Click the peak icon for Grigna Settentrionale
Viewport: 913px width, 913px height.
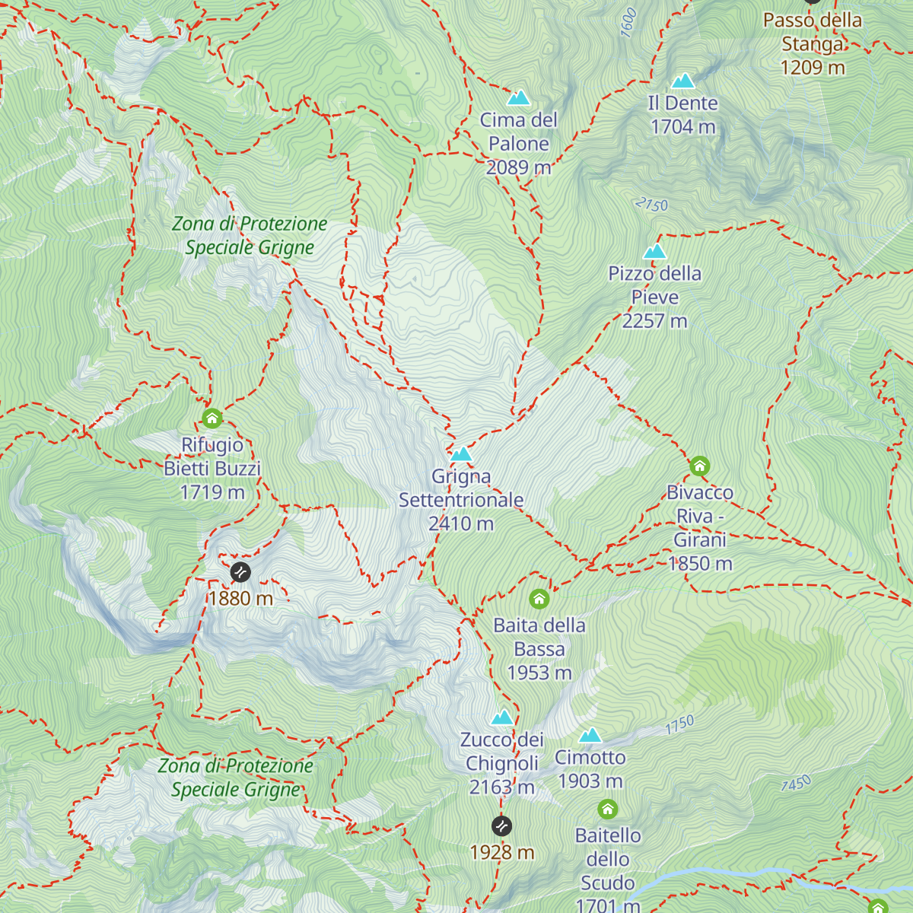(461, 454)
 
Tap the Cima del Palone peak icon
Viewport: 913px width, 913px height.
(519, 97)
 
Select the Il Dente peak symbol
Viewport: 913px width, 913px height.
(682, 81)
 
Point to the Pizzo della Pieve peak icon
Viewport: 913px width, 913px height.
(654, 252)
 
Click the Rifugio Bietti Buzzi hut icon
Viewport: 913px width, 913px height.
(212, 418)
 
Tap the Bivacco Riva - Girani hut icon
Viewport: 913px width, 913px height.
(699, 466)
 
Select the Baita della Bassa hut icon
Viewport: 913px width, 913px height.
(539, 599)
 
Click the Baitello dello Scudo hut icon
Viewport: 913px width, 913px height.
(607, 809)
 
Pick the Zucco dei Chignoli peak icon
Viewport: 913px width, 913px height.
(502, 717)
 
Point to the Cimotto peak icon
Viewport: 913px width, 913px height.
(590, 735)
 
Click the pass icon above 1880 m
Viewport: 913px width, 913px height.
(240, 571)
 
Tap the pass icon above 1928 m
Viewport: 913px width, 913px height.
(501, 826)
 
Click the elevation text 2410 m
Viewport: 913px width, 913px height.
(461, 523)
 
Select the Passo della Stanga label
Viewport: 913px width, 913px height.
(813, 32)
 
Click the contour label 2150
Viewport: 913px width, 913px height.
(651, 205)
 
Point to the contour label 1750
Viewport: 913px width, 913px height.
(679, 724)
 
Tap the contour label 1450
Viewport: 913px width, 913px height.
(796, 783)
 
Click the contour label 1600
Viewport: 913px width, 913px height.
(628, 23)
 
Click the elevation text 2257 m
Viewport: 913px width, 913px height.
(654, 321)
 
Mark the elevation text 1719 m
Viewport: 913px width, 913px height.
(212, 492)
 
